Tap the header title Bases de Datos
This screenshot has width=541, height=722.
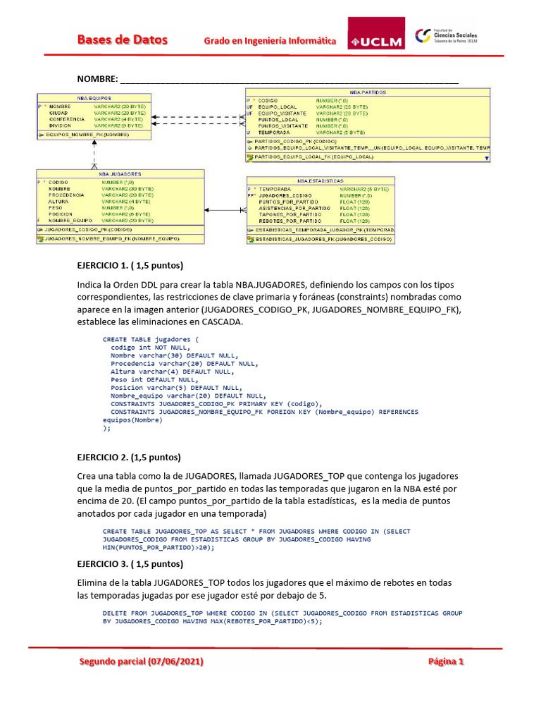point(123,40)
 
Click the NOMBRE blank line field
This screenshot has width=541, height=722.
point(289,79)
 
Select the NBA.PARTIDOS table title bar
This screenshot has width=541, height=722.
point(367,92)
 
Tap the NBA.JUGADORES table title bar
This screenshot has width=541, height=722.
point(120,173)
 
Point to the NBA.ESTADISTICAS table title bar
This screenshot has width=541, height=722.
point(320,180)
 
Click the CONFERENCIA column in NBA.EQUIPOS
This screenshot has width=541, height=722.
point(66,119)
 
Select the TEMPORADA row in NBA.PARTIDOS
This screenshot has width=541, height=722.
point(274,132)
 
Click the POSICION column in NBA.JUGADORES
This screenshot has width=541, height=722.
point(60,214)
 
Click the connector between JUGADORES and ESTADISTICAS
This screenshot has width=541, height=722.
point(225,210)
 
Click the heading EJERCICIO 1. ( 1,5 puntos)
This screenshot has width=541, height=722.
point(130,266)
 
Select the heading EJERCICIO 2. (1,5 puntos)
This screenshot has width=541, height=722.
point(128,457)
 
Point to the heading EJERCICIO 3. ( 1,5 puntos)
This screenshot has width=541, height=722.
point(130,563)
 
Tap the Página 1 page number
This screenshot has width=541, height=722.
point(446,661)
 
